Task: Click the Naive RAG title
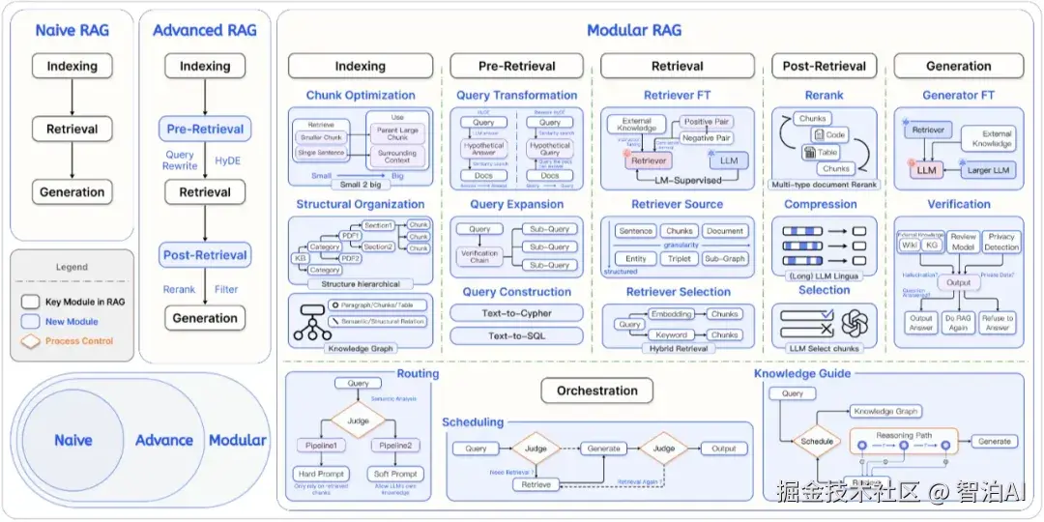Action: [72, 30]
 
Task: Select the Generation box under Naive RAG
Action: [72, 192]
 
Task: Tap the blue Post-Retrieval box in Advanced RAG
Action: [205, 255]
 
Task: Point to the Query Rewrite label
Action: [180, 160]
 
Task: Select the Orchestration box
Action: [596, 391]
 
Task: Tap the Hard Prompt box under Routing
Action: [320, 474]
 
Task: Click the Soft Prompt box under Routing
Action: [395, 474]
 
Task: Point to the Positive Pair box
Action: [706, 122]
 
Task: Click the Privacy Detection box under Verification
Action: [1001, 242]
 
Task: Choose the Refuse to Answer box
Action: [997, 323]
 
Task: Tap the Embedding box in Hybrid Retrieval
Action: [671, 315]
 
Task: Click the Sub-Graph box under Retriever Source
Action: [724, 259]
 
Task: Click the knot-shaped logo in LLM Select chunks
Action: [855, 323]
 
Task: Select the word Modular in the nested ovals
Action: [237, 440]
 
